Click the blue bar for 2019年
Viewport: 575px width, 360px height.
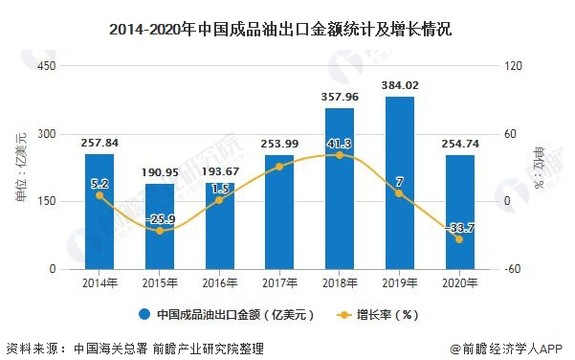click(400, 183)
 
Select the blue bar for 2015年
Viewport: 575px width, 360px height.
click(160, 226)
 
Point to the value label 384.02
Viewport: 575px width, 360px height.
click(400, 85)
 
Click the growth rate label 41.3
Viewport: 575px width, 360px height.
click(341, 143)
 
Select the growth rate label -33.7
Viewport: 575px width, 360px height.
click(459, 226)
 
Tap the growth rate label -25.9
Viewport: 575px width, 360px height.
click(160, 219)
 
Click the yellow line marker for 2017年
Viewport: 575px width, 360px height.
click(279, 167)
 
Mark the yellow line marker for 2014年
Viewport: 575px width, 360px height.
click(100, 195)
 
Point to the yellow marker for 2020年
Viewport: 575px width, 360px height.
click(459, 239)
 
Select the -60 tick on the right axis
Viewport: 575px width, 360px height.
click(514, 269)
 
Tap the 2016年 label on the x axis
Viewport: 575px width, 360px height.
click(219, 283)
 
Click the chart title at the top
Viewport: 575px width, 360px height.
click(287, 30)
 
